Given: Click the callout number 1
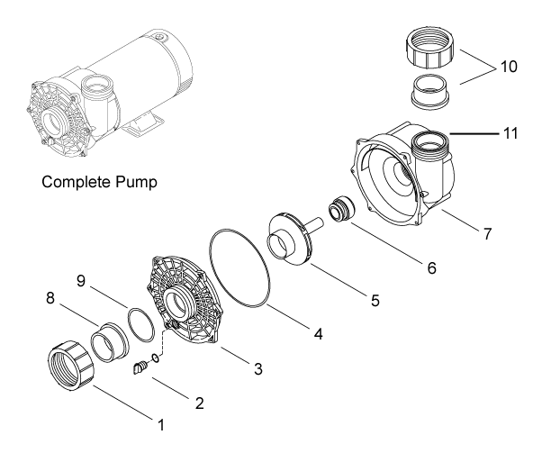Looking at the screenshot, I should click(x=162, y=421).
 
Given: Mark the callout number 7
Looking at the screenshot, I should click(x=486, y=234).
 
